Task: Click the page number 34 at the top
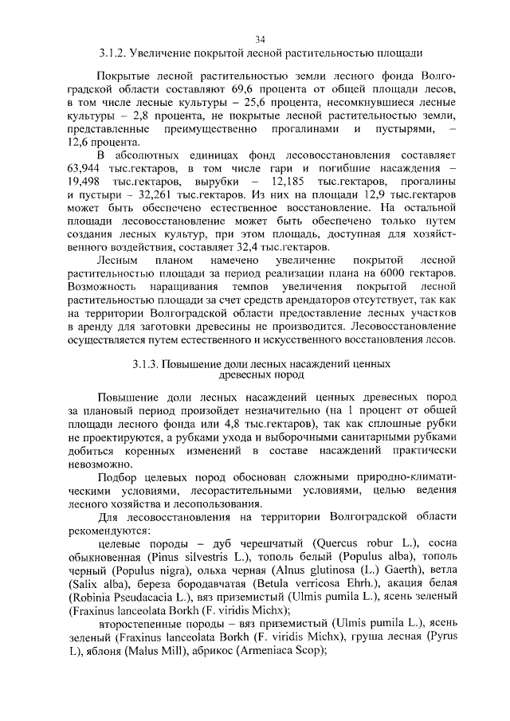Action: tap(260, 39)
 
